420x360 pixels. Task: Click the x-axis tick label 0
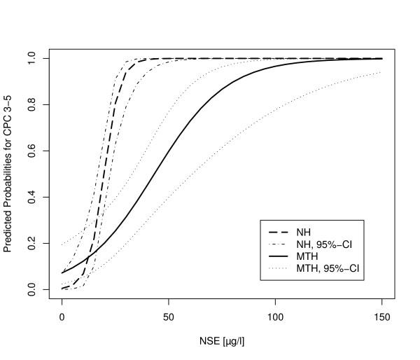click(62, 316)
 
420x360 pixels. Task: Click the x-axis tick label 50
click(169, 316)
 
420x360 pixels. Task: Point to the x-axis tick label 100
click(276, 316)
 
